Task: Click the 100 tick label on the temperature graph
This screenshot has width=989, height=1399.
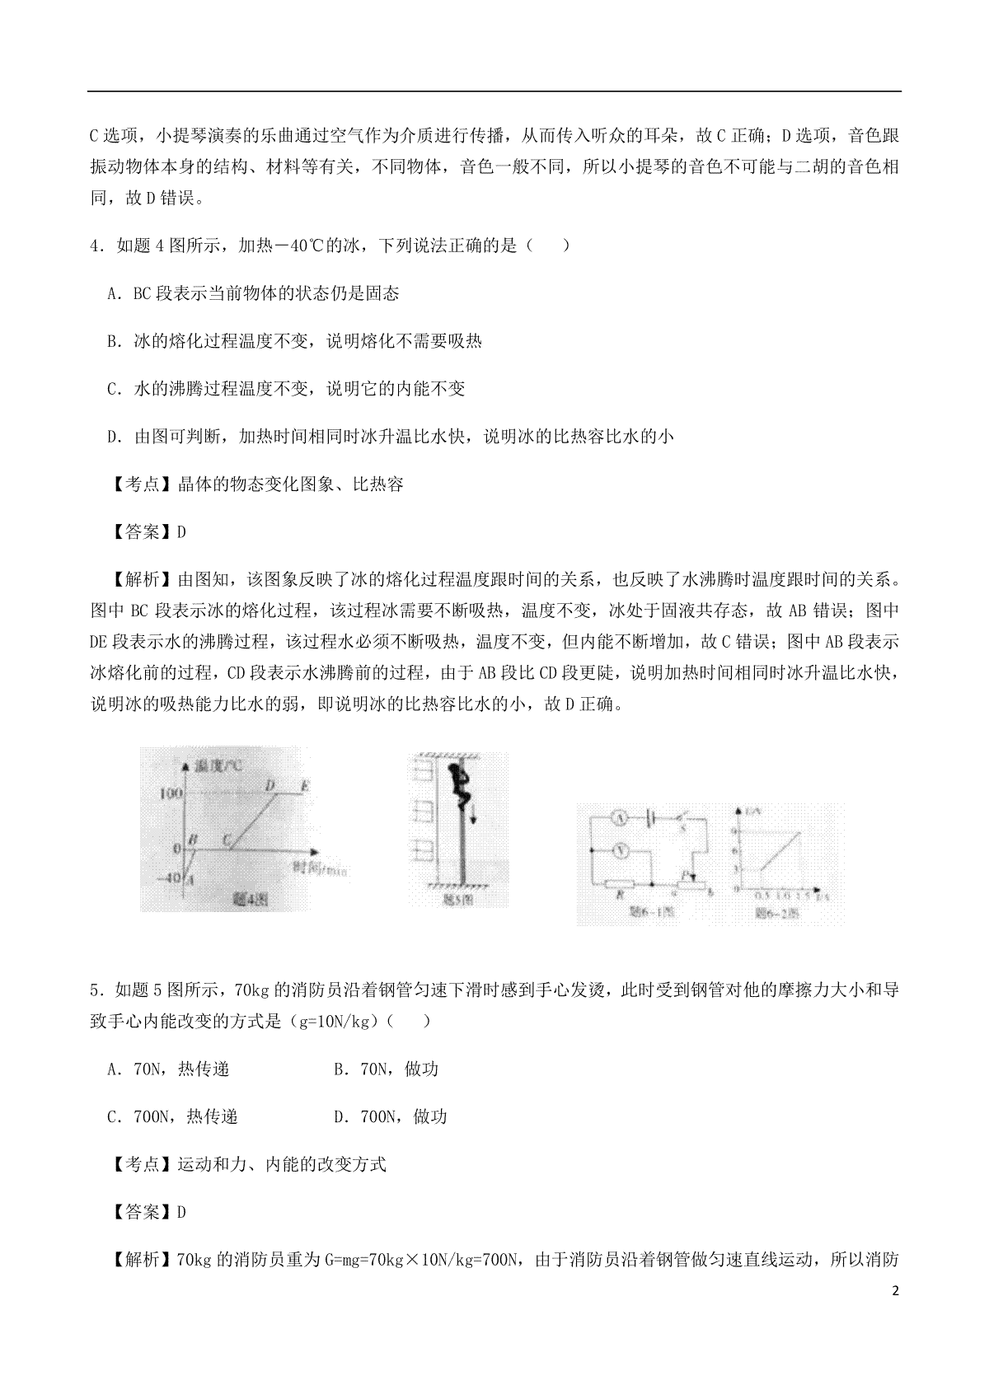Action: [x=170, y=793]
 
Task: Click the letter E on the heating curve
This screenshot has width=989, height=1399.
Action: [x=305, y=786]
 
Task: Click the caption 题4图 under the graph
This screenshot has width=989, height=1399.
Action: [x=246, y=900]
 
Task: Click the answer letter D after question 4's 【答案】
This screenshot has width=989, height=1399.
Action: [x=181, y=532]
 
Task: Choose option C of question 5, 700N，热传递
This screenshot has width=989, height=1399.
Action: [x=172, y=1117]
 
